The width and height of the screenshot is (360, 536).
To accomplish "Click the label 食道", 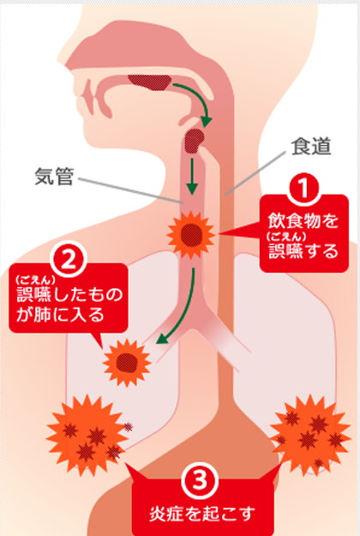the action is tap(311, 147).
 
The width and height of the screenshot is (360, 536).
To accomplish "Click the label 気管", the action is tap(54, 177).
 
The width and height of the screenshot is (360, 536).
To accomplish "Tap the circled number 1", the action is tap(303, 189).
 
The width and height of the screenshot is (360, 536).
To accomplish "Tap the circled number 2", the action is tap(69, 261).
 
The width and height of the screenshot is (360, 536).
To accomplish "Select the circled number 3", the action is tap(200, 481).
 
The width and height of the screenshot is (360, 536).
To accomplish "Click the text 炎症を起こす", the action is tap(202, 514).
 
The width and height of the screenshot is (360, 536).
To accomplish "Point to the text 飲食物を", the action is tap(303, 220).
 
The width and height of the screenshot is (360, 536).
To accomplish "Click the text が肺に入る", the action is tap(60, 315).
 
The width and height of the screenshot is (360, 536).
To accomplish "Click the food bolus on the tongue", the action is tap(150, 82).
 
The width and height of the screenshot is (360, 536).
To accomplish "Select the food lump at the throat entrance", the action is tap(195, 141).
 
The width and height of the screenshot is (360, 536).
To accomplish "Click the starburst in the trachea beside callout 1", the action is tap(191, 234).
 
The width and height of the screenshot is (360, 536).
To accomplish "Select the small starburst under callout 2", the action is tap(127, 363).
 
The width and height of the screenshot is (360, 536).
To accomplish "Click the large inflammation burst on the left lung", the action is tap(86, 435).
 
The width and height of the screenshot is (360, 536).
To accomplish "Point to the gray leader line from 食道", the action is tap(255, 173).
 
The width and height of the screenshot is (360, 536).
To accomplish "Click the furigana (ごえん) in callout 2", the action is tap(35, 280).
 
